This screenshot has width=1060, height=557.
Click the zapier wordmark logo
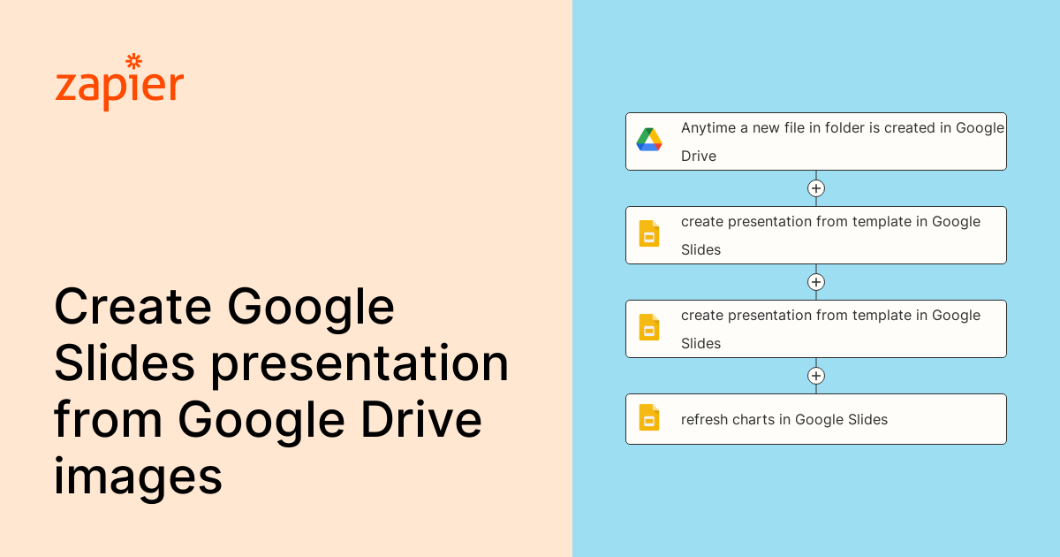point(119,85)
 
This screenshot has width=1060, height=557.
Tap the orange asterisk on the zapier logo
point(133,61)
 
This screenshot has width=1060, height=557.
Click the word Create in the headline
point(132,308)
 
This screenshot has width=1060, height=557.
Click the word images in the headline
point(138,477)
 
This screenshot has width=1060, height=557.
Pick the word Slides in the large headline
point(123,363)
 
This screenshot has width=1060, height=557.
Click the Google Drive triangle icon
point(649,141)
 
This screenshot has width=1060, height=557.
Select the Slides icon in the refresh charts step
point(649,418)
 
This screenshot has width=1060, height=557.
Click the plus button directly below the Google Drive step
point(816,188)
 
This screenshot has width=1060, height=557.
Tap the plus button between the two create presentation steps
point(816,282)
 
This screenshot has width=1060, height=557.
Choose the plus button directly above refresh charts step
point(816,376)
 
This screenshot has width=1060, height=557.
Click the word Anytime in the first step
point(708,128)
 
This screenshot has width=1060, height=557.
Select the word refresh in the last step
point(704,419)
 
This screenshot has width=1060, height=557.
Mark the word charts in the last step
point(753,419)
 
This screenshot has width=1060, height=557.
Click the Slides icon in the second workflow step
point(649,234)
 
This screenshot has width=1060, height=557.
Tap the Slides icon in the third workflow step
point(649,328)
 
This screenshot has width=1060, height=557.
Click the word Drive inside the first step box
point(699,156)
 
